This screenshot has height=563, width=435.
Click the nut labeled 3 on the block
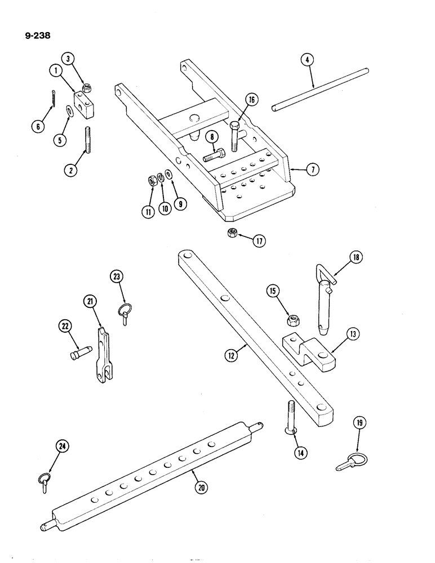coord(87,87)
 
